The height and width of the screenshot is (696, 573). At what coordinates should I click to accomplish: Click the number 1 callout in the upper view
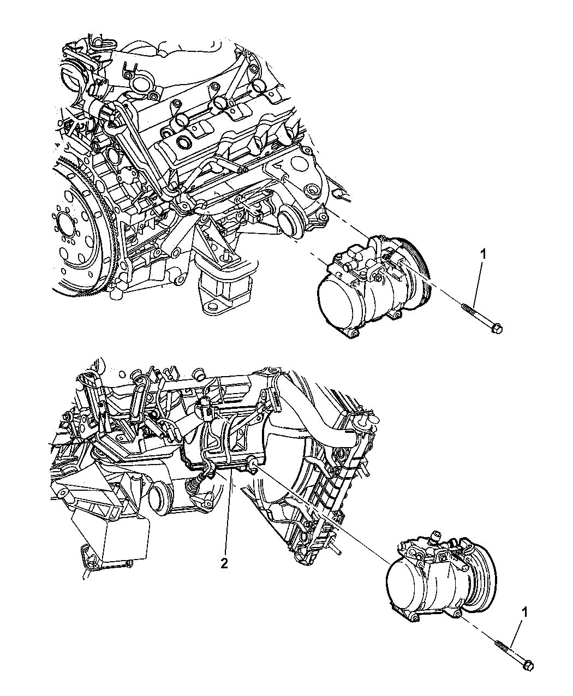[x=482, y=253]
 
